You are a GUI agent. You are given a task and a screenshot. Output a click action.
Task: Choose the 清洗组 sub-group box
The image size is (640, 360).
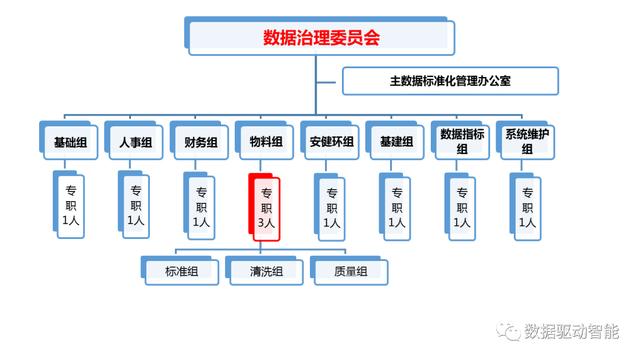[266, 271]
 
